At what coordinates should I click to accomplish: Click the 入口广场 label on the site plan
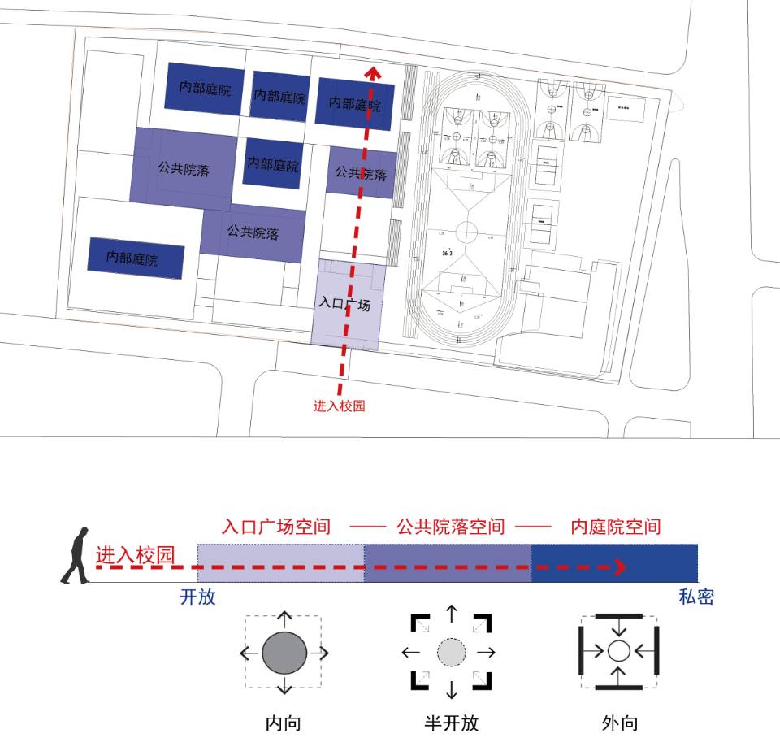[344, 306]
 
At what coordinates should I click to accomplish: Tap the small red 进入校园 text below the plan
[339, 406]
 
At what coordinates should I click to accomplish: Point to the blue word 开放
[197, 597]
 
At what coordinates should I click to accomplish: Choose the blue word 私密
[696, 597]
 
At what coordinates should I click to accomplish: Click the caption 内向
[284, 723]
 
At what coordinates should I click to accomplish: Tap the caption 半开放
[452, 723]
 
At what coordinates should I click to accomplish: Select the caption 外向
[620, 723]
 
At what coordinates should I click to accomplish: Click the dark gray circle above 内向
[284, 653]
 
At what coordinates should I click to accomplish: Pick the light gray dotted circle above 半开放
[452, 652]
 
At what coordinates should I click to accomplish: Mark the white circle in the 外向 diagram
[619, 651]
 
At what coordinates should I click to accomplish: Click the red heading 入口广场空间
[276, 527]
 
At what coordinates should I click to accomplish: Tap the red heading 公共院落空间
[450, 527]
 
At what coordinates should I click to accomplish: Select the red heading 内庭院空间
[616, 527]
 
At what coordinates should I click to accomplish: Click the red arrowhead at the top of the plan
[373, 73]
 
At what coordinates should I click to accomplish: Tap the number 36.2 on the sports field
[446, 254]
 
